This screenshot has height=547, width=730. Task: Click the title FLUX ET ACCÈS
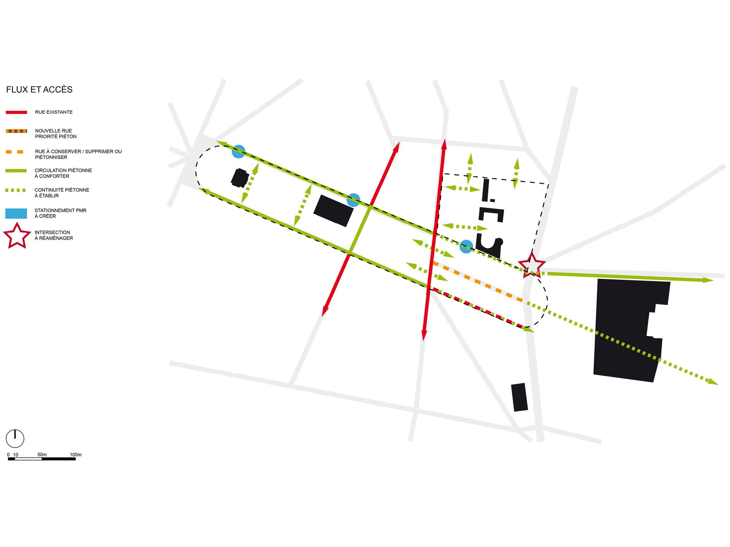pyautogui.click(x=39, y=89)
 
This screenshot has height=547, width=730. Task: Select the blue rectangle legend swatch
pyautogui.click(x=16, y=213)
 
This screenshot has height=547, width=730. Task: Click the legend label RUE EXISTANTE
pyautogui.click(x=54, y=112)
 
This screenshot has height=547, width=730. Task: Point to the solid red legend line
pyautogui.click(x=16, y=112)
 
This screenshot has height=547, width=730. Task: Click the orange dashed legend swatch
pyautogui.click(x=15, y=152)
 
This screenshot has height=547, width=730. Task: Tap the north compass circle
pyautogui.click(x=15, y=438)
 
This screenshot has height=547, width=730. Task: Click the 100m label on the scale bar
pyautogui.click(x=76, y=455)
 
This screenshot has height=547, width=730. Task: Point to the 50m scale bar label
pyautogui.click(x=42, y=455)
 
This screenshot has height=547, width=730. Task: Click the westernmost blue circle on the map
pyautogui.click(x=239, y=151)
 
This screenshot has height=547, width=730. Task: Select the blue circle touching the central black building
pyautogui.click(x=353, y=200)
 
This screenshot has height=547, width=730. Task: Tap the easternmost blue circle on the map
pyautogui.click(x=466, y=247)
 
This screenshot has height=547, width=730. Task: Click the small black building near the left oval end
pyautogui.click(x=240, y=178)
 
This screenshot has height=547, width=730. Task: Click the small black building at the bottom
pyautogui.click(x=519, y=397)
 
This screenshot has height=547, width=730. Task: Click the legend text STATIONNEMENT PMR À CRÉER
pyautogui.click(x=60, y=213)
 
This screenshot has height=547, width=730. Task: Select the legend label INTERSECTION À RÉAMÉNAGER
pyautogui.click(x=54, y=235)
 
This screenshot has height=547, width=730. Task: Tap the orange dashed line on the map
pyautogui.click(x=477, y=282)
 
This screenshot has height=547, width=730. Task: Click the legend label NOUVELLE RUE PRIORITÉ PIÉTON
pyautogui.click(x=55, y=133)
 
